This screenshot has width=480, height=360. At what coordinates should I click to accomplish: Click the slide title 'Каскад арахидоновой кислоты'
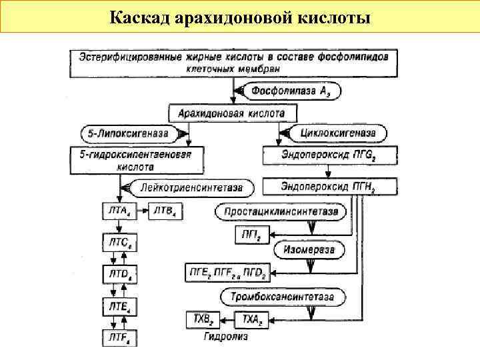tap(240, 16)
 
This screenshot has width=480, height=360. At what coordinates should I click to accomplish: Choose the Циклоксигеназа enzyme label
tap(333, 133)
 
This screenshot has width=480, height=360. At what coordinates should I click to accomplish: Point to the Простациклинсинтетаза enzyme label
tap(281, 212)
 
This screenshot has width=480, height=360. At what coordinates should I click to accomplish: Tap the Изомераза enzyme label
tap(309, 250)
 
